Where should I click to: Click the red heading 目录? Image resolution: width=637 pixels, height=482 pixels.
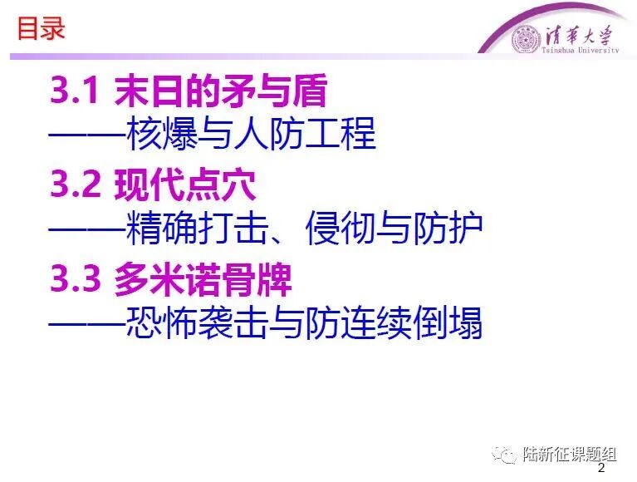[41, 29]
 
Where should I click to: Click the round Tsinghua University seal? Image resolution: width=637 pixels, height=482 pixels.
[527, 39]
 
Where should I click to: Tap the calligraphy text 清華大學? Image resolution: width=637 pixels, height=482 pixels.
[579, 36]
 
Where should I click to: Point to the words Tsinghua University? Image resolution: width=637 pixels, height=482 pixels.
[581, 50]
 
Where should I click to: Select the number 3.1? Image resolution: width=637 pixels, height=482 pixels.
[74, 91]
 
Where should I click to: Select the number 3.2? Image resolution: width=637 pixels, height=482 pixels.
[75, 184]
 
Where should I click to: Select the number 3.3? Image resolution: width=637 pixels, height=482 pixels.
[75, 278]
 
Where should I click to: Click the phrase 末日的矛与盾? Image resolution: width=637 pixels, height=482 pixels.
[221, 91]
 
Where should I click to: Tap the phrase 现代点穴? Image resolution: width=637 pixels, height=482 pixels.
[185, 184]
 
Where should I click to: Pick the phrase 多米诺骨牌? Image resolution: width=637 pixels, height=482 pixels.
[203, 278]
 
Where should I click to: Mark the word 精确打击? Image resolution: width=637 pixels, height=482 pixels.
[198, 228]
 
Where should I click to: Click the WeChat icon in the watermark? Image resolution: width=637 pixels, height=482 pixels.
[504, 454]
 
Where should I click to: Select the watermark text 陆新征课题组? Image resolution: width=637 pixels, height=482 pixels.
[570, 454]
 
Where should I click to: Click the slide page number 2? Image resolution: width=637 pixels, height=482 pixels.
[601, 468]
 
